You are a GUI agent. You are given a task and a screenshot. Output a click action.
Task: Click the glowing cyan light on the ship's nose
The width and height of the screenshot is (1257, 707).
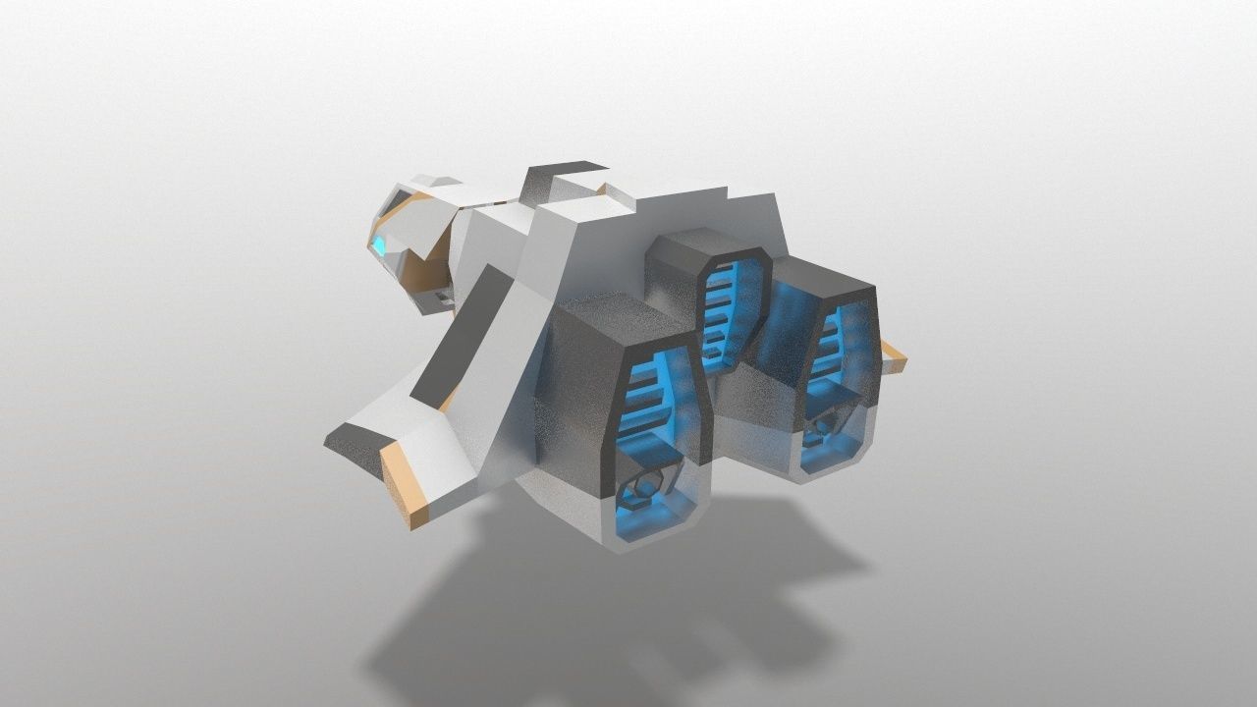coord(378,245)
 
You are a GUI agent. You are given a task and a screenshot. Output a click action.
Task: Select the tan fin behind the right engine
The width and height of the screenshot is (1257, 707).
coord(893,356)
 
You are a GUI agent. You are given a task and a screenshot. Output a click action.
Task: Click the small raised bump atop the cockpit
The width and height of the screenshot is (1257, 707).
coord(436,181)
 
